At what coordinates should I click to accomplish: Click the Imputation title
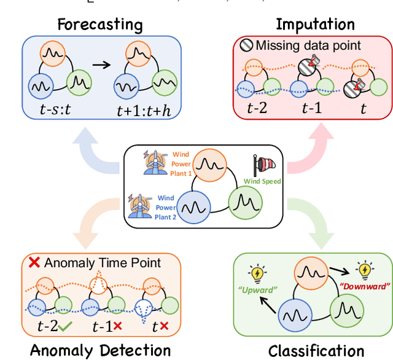(x=315, y=25)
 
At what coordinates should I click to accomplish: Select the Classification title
(x=316, y=351)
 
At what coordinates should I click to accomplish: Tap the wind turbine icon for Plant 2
(x=141, y=205)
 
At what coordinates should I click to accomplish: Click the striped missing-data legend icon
(x=246, y=45)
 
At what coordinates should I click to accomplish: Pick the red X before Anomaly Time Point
(x=35, y=262)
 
